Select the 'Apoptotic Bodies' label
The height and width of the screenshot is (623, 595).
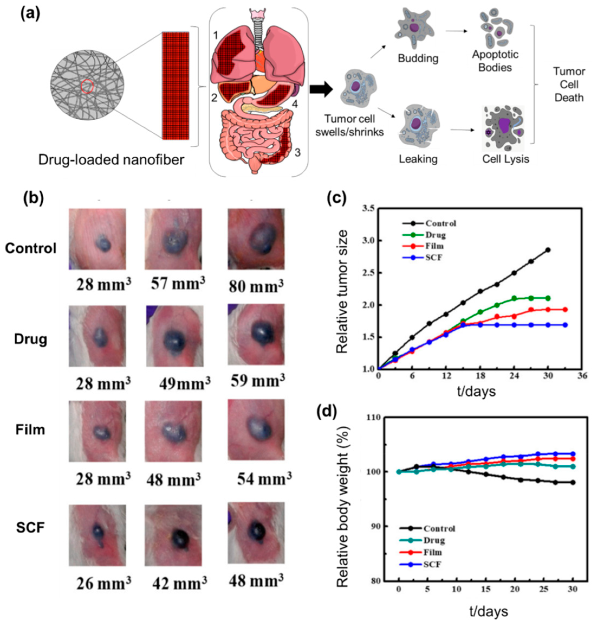pos(495,61)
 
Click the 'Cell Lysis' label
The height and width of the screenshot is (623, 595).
pos(506,159)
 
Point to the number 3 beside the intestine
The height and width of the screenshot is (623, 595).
pos(297,152)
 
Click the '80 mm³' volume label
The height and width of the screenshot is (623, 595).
pos(256,286)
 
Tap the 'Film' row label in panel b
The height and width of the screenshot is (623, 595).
pos(30,430)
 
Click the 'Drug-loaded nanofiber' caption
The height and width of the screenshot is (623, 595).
pos(111,160)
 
